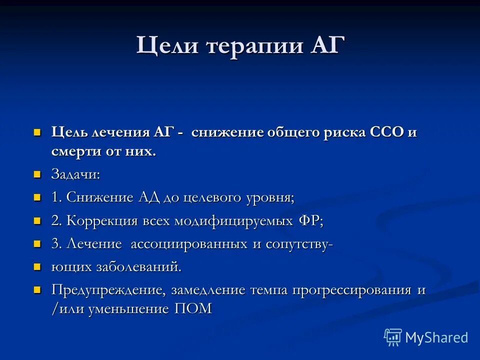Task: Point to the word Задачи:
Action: click(x=75, y=175)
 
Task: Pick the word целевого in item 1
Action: click(x=217, y=198)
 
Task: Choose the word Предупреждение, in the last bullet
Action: click(x=109, y=290)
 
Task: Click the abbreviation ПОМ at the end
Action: click(x=193, y=308)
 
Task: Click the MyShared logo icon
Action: click(x=393, y=337)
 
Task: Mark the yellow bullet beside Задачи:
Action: click(x=36, y=174)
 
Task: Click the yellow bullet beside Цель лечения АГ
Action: click(x=36, y=133)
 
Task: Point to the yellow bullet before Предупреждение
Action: click(x=36, y=290)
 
